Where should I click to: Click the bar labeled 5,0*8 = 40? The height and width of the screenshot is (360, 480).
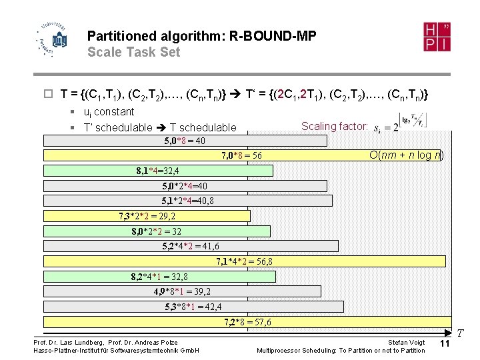pos(185,141)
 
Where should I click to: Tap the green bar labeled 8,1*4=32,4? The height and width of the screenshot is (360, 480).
pos(158,171)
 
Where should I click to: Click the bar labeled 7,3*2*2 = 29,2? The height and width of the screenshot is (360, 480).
pos(147,215)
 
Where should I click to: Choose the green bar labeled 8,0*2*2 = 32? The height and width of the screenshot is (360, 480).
pos(157,231)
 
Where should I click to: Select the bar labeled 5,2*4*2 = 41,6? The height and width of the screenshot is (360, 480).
pos(190,246)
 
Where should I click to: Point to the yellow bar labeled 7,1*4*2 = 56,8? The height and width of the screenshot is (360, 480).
pos(245,261)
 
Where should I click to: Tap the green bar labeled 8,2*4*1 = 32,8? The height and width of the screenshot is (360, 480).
pos(159,277)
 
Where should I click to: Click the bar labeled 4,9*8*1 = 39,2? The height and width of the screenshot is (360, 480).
pos(182,291)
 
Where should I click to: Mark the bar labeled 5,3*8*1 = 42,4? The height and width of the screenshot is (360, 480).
pos(193,307)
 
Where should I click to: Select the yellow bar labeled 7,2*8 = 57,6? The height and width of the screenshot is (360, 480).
pos(247,322)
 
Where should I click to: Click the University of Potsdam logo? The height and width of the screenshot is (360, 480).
pos(51,39)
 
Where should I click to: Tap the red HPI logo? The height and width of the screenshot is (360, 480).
pos(437,37)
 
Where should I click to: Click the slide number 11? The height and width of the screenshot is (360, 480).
pos(445,343)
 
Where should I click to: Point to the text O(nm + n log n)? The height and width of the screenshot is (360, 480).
pos(406,155)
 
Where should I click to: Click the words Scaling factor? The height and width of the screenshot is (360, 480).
pos(334,126)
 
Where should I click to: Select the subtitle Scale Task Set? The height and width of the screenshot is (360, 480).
pos(133,52)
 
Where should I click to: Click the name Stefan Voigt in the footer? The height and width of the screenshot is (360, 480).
pos(406,343)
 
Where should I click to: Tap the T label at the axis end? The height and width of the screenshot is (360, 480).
pos(460,332)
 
